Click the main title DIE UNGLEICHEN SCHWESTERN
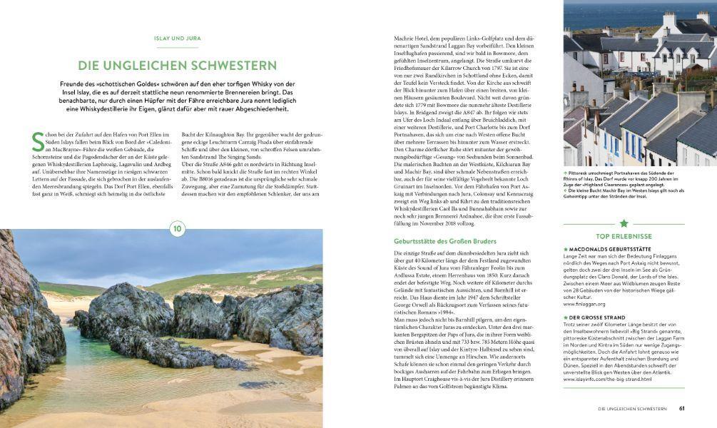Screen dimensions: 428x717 tap(177, 66)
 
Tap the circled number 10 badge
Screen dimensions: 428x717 tap(177, 228)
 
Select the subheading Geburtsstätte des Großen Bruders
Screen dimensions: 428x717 tap(434, 241)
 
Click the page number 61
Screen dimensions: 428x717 tap(682, 409)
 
